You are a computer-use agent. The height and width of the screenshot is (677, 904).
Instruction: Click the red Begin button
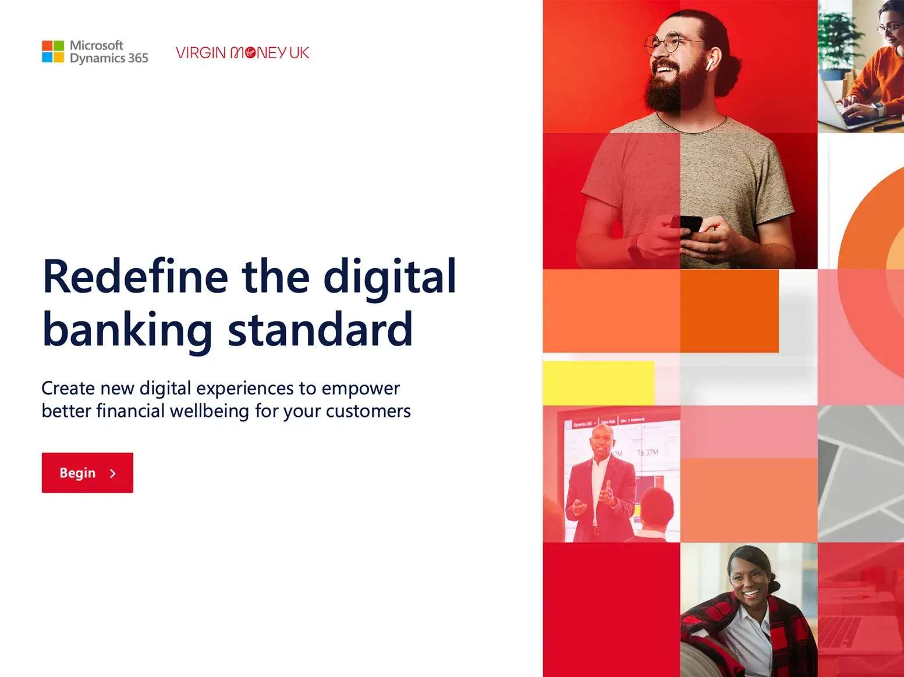coord(87,473)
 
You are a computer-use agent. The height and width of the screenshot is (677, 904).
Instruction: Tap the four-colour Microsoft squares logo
coord(53,51)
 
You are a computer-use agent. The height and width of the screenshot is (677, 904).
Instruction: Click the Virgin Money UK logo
coord(242,53)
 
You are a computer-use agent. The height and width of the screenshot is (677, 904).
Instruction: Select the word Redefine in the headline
coord(135,276)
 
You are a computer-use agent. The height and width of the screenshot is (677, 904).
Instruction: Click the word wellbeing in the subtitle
coord(209,411)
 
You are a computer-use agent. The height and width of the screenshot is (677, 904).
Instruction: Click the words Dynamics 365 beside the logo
coord(109,58)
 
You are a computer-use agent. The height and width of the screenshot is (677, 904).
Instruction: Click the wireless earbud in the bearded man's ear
coord(710,65)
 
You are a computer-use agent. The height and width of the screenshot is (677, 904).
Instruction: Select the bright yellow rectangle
coord(598,383)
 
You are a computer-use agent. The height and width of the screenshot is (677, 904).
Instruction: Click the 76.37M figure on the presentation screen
coord(647,452)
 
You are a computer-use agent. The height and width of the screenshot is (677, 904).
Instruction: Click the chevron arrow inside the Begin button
coord(113,473)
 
